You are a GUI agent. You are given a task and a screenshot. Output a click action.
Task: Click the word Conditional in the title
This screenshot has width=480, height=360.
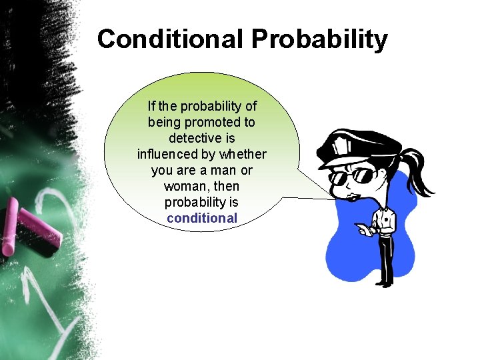coord(169,39)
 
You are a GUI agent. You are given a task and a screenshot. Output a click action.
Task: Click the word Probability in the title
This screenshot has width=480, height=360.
coord(319,39)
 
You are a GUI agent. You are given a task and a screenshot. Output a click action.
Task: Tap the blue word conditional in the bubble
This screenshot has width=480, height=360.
coord(202,218)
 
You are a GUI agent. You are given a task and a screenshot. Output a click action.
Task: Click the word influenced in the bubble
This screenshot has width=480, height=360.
coord(166,155)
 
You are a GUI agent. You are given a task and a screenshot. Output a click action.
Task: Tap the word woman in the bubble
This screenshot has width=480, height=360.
coord(182,186)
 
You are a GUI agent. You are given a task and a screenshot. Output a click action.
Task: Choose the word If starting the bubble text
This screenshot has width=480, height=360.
coord(151,107)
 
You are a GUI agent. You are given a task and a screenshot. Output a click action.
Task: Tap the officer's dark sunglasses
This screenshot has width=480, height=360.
coord(356,177)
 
